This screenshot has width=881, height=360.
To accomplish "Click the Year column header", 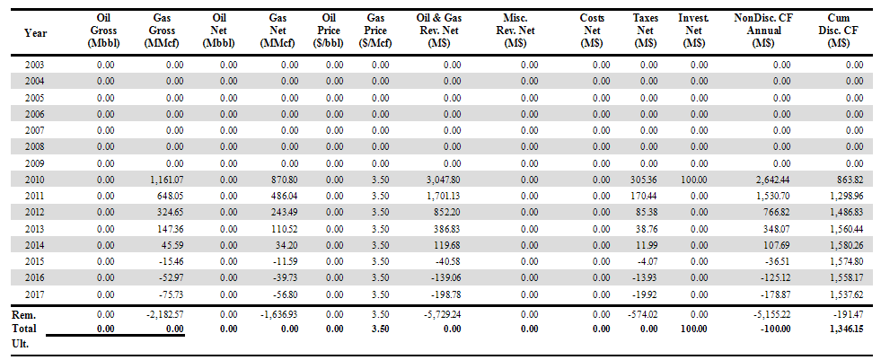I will point(36,33).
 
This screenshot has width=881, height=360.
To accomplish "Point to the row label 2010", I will point(35,180).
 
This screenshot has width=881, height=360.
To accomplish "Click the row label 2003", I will point(35,65).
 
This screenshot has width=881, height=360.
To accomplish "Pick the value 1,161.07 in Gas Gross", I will point(163,180).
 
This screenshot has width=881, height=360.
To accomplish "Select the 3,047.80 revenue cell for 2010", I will point(442,180).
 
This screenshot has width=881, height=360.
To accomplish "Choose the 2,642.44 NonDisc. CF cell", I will point(771,180).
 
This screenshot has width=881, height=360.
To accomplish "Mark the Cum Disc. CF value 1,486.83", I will point(844,212).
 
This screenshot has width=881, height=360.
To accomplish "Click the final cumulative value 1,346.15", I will point(844,329).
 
